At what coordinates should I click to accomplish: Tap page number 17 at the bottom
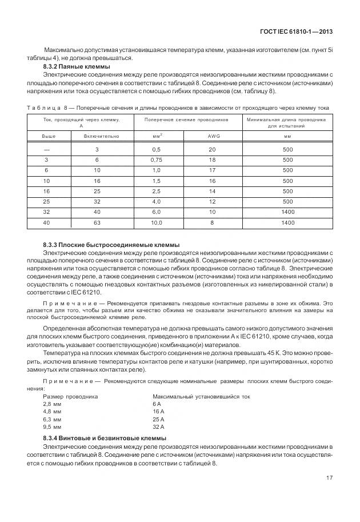click(x=329, y=479)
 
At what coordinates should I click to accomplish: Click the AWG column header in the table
click(x=212, y=137)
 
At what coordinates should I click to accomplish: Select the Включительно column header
click(x=101, y=137)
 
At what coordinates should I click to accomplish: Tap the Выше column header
click(x=49, y=137)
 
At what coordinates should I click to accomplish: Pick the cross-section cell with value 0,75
click(x=157, y=160)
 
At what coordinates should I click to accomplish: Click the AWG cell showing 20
click(x=212, y=149)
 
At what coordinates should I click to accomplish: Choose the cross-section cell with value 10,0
click(x=157, y=222)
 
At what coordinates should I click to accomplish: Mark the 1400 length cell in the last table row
click(x=287, y=222)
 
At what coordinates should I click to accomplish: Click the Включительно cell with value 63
click(x=97, y=222)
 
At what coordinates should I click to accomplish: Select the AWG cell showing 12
click(x=212, y=201)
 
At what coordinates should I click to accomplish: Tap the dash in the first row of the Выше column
click(x=46, y=149)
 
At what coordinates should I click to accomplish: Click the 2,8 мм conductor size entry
click(x=53, y=404)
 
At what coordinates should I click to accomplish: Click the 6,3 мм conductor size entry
click(x=53, y=419)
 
